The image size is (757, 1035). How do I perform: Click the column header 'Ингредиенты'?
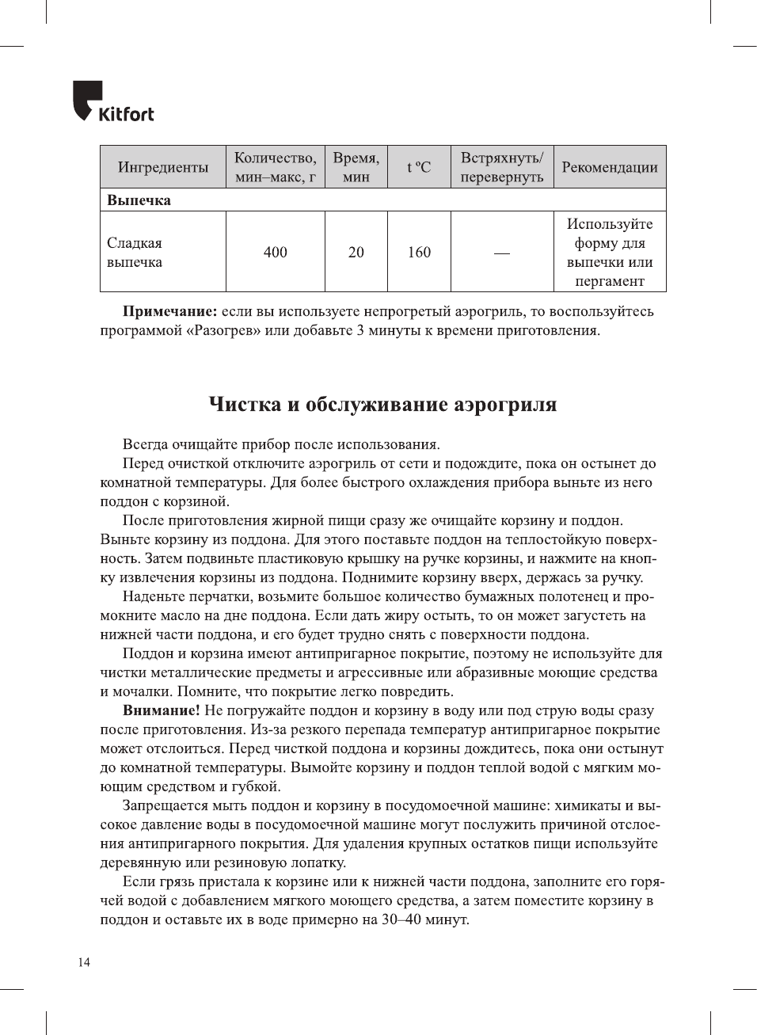162,167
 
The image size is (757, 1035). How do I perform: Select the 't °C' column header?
419,167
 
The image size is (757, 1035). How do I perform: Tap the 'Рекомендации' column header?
609,167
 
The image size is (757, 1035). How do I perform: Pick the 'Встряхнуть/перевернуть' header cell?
501,167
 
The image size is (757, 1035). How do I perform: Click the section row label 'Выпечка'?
139,200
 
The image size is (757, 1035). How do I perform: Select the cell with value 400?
275,253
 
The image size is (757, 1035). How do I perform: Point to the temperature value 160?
419,253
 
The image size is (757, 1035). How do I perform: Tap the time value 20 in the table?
356,253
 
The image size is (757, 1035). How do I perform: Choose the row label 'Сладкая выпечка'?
135,253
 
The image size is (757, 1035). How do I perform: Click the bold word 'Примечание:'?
169,312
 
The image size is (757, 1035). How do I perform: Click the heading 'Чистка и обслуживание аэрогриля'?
382,405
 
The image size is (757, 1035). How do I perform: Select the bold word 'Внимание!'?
161,711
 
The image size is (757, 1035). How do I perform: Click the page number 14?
84,962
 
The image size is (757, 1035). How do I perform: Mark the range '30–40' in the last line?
401,920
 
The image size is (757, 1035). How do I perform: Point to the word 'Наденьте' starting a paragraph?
154,597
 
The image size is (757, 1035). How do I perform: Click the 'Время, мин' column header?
356,167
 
